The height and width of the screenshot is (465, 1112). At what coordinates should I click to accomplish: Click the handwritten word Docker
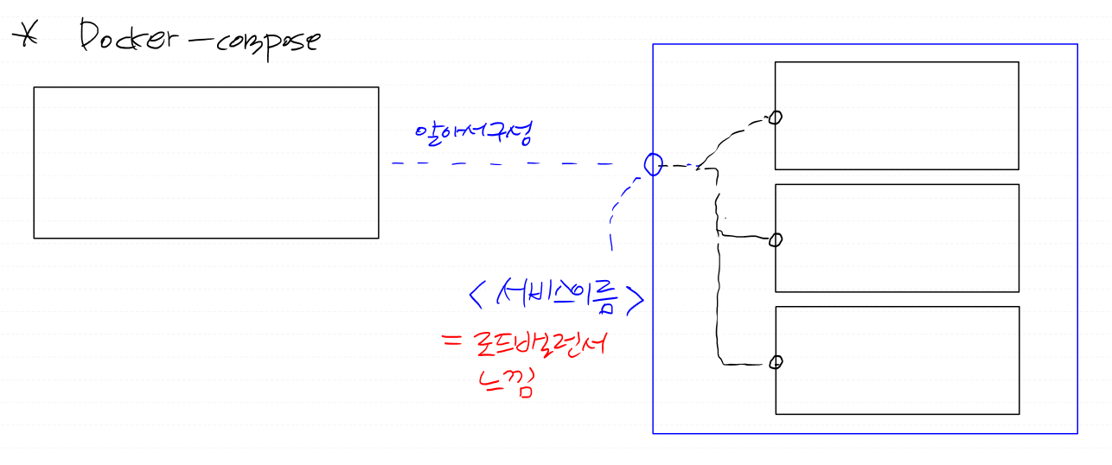coord(131,38)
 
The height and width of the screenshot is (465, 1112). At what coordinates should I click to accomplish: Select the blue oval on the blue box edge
coord(654,163)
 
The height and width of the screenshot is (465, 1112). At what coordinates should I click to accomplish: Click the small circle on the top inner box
coord(776,118)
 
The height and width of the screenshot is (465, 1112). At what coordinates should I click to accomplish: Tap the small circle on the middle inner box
coord(776,239)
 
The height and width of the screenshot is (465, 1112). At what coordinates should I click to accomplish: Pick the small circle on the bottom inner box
coord(776,361)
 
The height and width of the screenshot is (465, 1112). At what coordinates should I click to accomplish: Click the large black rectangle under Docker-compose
coord(206,162)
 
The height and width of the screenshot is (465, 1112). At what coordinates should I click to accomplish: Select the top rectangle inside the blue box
coord(897,115)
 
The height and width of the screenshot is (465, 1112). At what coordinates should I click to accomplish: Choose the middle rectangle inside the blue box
coord(897,238)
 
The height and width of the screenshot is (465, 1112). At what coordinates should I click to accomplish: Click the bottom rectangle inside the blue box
coord(897,360)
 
